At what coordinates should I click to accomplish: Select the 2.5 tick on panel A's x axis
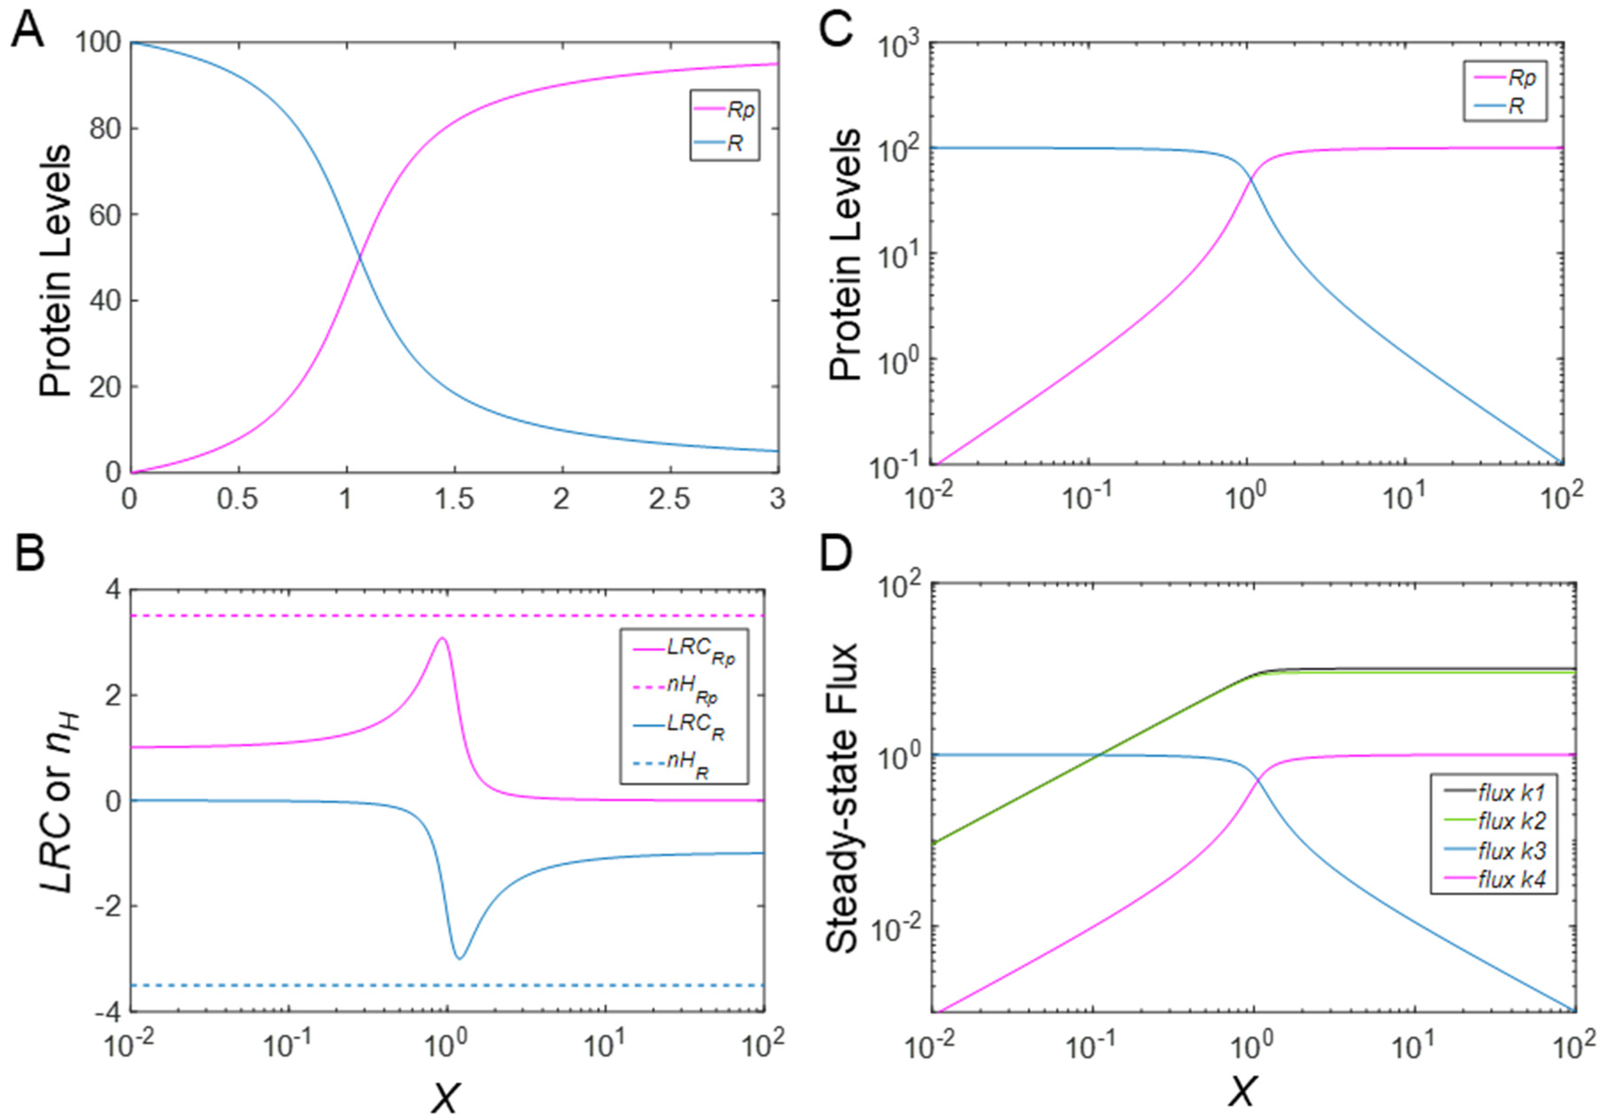click(x=669, y=499)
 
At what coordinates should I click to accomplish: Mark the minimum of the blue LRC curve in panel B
click(x=460, y=958)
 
